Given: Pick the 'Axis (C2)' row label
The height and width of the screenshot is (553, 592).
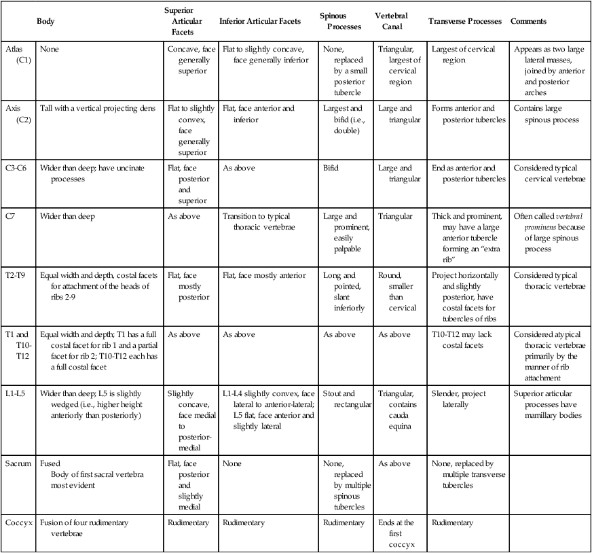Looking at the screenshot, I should point(18,113).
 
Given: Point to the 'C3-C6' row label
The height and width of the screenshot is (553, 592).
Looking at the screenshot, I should point(18,168).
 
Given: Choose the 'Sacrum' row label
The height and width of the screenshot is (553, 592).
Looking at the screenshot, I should point(19,464).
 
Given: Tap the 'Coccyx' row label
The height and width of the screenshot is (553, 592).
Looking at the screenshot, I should point(18,522).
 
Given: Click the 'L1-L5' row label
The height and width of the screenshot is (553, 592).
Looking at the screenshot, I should point(17,393).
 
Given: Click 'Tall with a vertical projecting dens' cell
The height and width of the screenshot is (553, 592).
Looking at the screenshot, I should point(97,108).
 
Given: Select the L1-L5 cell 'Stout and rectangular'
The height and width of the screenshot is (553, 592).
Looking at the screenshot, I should point(347,399).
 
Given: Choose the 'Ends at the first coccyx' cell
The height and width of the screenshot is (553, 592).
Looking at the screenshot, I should point(397,533).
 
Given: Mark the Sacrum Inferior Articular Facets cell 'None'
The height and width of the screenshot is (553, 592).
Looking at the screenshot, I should point(232,464).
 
